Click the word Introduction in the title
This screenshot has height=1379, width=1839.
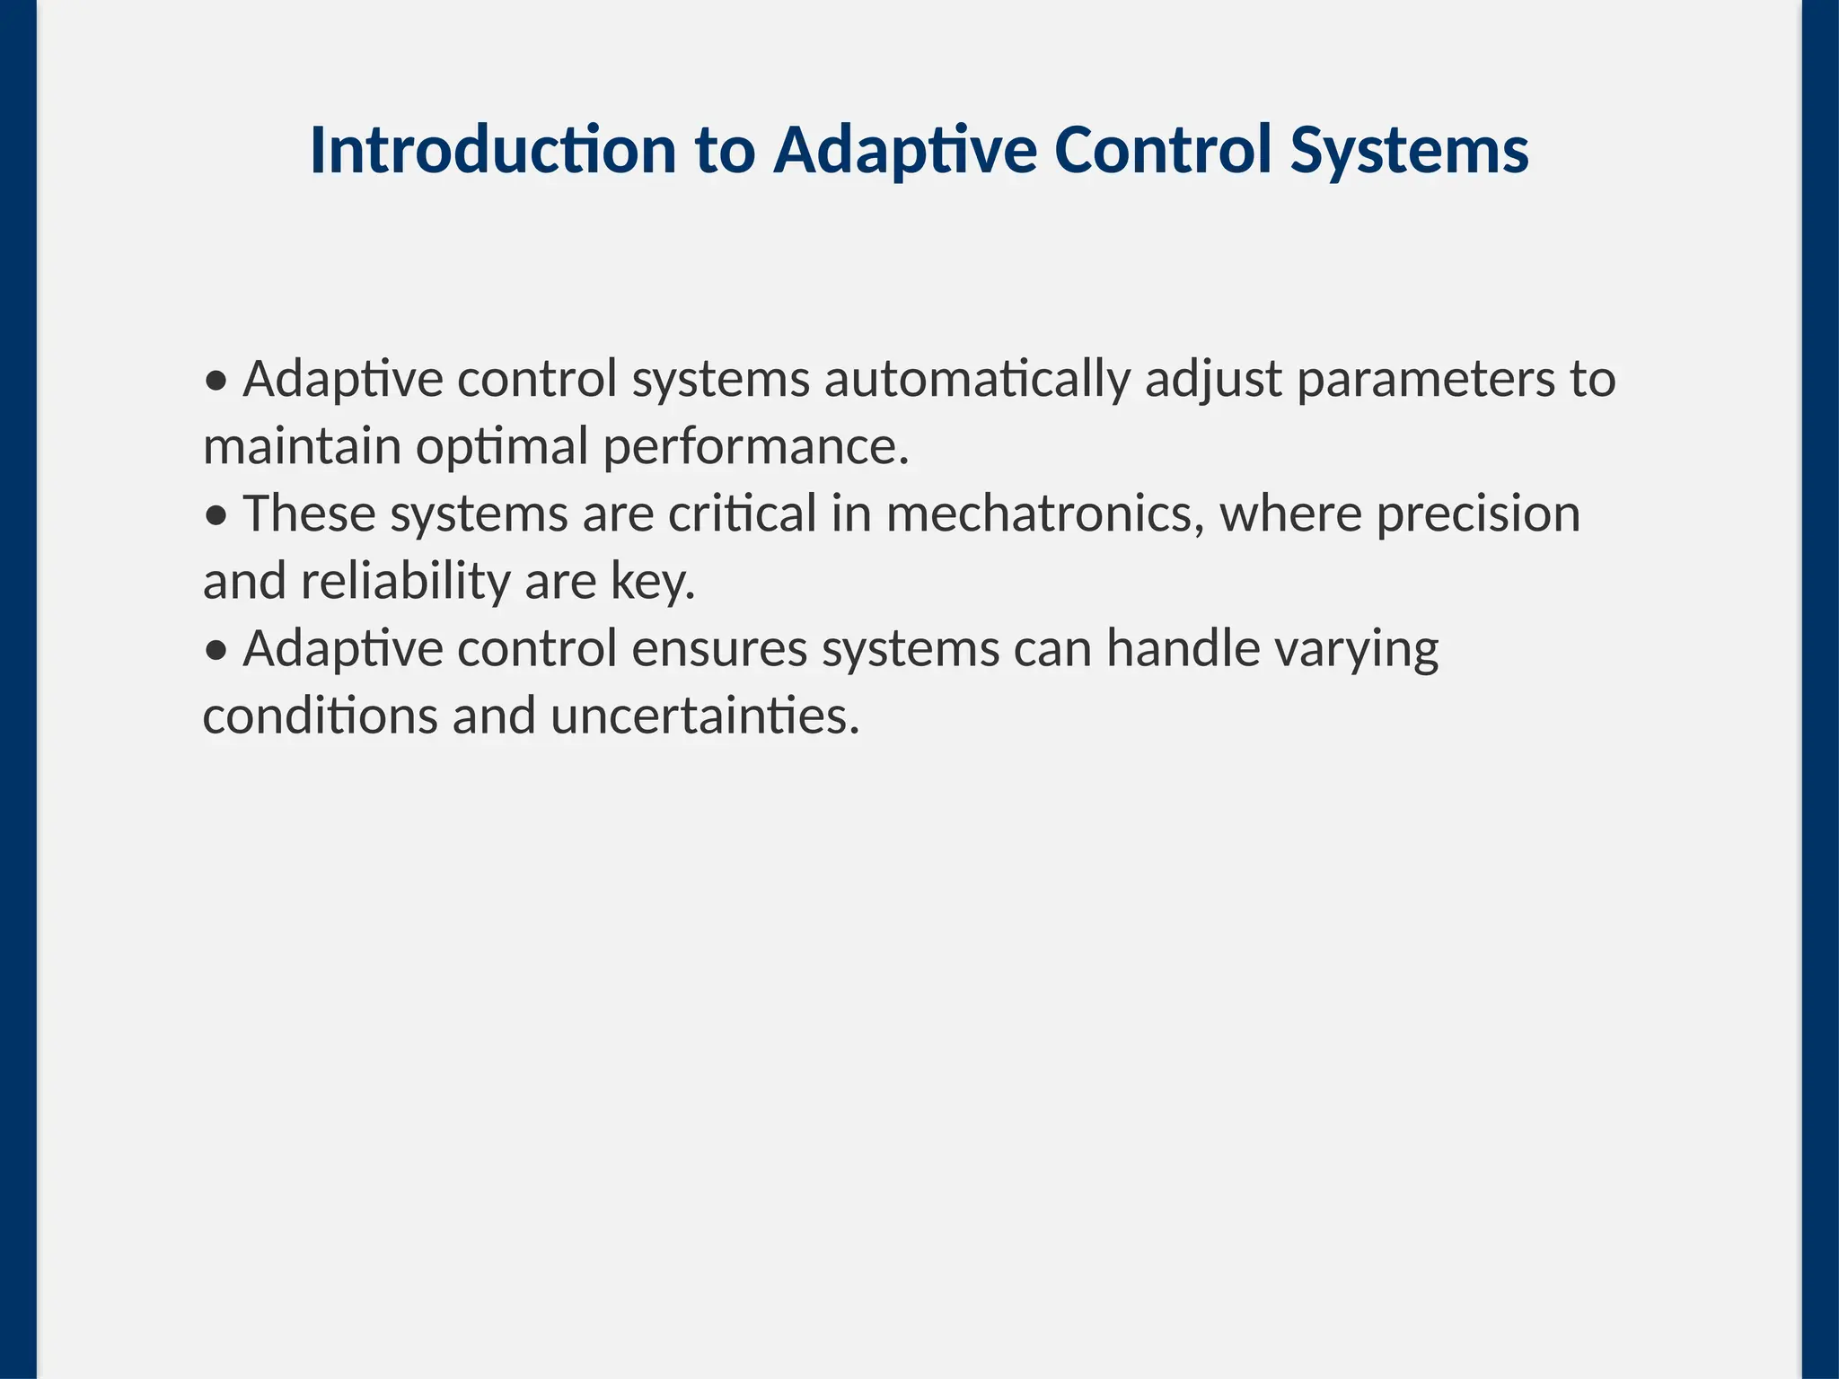pyautogui.click(x=492, y=150)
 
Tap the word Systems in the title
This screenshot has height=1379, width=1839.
pyautogui.click(x=1409, y=150)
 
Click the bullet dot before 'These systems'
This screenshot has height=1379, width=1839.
pyautogui.click(x=216, y=516)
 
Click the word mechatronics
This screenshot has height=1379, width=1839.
pyautogui.click(x=1045, y=514)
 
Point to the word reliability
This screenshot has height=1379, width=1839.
pyautogui.click(x=405, y=582)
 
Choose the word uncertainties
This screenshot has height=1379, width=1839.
pyautogui.click(x=705, y=716)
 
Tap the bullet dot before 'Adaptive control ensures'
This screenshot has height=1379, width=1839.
pyautogui.click(x=216, y=651)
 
